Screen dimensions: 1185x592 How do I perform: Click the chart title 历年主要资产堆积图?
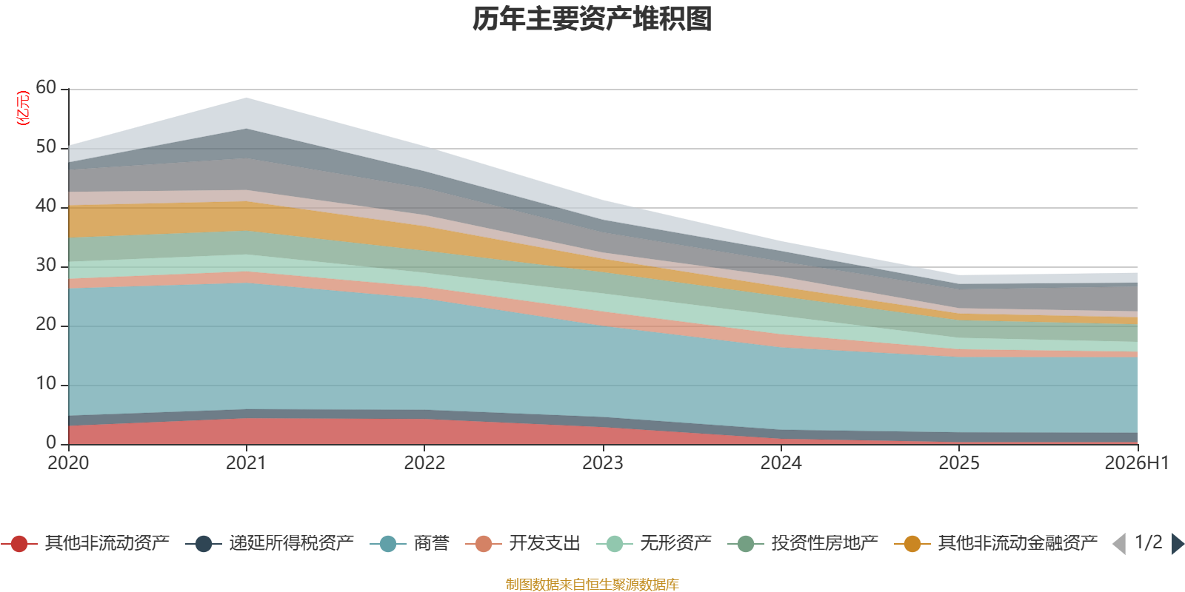(x=592, y=19)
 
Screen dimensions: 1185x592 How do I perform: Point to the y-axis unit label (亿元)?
(x=23, y=108)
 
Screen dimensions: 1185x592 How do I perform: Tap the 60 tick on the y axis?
(x=46, y=87)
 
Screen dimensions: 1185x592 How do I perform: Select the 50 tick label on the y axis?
(x=46, y=147)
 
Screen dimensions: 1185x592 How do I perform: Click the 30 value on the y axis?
(x=46, y=265)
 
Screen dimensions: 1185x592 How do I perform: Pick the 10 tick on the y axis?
(x=46, y=383)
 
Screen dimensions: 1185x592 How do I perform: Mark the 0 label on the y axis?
(x=51, y=443)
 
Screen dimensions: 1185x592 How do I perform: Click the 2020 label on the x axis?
(x=68, y=463)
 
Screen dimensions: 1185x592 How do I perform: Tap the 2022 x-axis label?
(x=425, y=463)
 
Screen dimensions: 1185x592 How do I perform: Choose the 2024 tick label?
(x=781, y=463)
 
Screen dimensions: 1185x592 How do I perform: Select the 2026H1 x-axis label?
(x=1137, y=463)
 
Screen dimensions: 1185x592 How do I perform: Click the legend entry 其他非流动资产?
(x=85, y=543)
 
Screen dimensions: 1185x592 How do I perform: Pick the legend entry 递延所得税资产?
(x=270, y=543)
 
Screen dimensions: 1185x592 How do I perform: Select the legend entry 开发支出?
(x=523, y=543)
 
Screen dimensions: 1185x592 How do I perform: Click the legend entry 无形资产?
(x=655, y=543)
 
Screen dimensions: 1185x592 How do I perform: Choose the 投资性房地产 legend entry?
(x=803, y=543)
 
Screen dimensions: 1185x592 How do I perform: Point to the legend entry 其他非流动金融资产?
(x=996, y=543)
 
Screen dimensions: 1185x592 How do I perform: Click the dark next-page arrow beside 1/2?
(x=1178, y=543)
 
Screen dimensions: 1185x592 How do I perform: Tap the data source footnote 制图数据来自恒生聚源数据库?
(x=592, y=584)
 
